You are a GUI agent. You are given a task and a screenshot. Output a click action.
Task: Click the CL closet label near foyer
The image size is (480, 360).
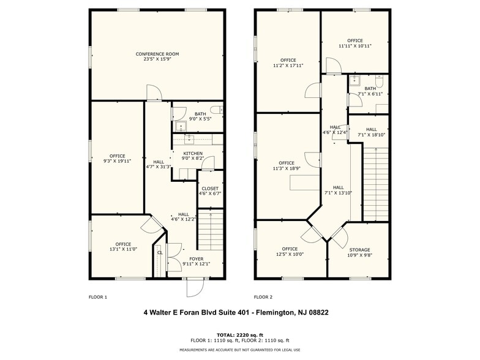pos(159,252)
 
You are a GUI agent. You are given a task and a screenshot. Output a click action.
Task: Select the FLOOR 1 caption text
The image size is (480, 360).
pos(98,297)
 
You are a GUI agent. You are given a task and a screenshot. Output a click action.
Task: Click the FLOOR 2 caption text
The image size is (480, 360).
pos(263,297)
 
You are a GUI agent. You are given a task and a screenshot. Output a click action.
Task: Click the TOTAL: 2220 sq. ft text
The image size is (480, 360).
pos(240,334)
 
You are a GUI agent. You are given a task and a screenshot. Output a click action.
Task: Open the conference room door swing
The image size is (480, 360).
pos(153,93)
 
